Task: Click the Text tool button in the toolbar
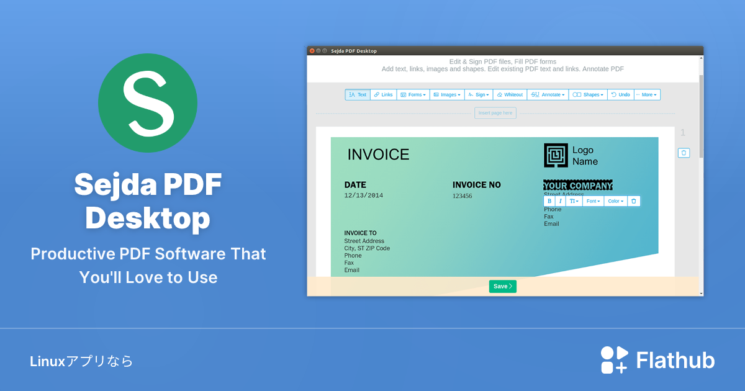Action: pyautogui.click(x=358, y=95)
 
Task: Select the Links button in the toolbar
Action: pyautogui.click(x=384, y=95)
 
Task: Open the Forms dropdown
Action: pyautogui.click(x=413, y=95)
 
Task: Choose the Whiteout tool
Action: pyautogui.click(x=510, y=95)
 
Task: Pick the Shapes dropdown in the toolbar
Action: pyautogui.click(x=588, y=95)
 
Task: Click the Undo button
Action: pyautogui.click(x=621, y=95)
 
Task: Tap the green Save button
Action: pyautogui.click(x=502, y=286)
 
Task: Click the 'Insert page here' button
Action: pyautogui.click(x=495, y=113)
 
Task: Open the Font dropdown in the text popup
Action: pyautogui.click(x=593, y=201)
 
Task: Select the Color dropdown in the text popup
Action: pyautogui.click(x=615, y=201)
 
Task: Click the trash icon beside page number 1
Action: pyautogui.click(x=684, y=153)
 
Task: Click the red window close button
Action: pyautogui.click(x=312, y=51)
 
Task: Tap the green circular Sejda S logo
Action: pyautogui.click(x=148, y=103)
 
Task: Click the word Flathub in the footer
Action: pyautogui.click(x=675, y=361)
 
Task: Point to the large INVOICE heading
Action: pyautogui.click(x=378, y=155)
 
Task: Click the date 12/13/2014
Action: pyautogui.click(x=364, y=195)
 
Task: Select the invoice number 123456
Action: pyautogui.click(x=462, y=196)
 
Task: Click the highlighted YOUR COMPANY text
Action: pyautogui.click(x=578, y=186)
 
